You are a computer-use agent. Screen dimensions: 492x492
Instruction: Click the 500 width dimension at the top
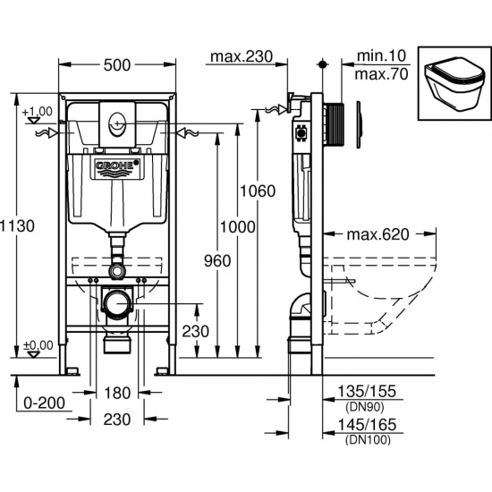pyautogui.click(x=116, y=65)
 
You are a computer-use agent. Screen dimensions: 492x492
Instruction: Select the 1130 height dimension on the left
pyautogui.click(x=17, y=226)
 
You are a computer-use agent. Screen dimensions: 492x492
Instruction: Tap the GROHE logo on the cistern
pyautogui.click(x=117, y=165)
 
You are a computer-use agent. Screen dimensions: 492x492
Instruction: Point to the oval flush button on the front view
pyautogui.click(x=117, y=123)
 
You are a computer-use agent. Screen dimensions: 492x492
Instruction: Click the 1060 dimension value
pyautogui.click(x=258, y=191)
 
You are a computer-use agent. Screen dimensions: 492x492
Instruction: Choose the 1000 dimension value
pyautogui.click(x=238, y=227)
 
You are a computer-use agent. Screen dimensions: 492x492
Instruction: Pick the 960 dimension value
pyautogui.click(x=217, y=260)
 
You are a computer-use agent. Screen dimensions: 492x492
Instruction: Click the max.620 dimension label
pyautogui.click(x=377, y=234)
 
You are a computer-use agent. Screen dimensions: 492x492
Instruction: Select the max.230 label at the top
pyautogui.click(x=242, y=56)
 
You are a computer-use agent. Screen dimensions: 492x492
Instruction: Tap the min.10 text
pyautogui.click(x=381, y=56)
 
